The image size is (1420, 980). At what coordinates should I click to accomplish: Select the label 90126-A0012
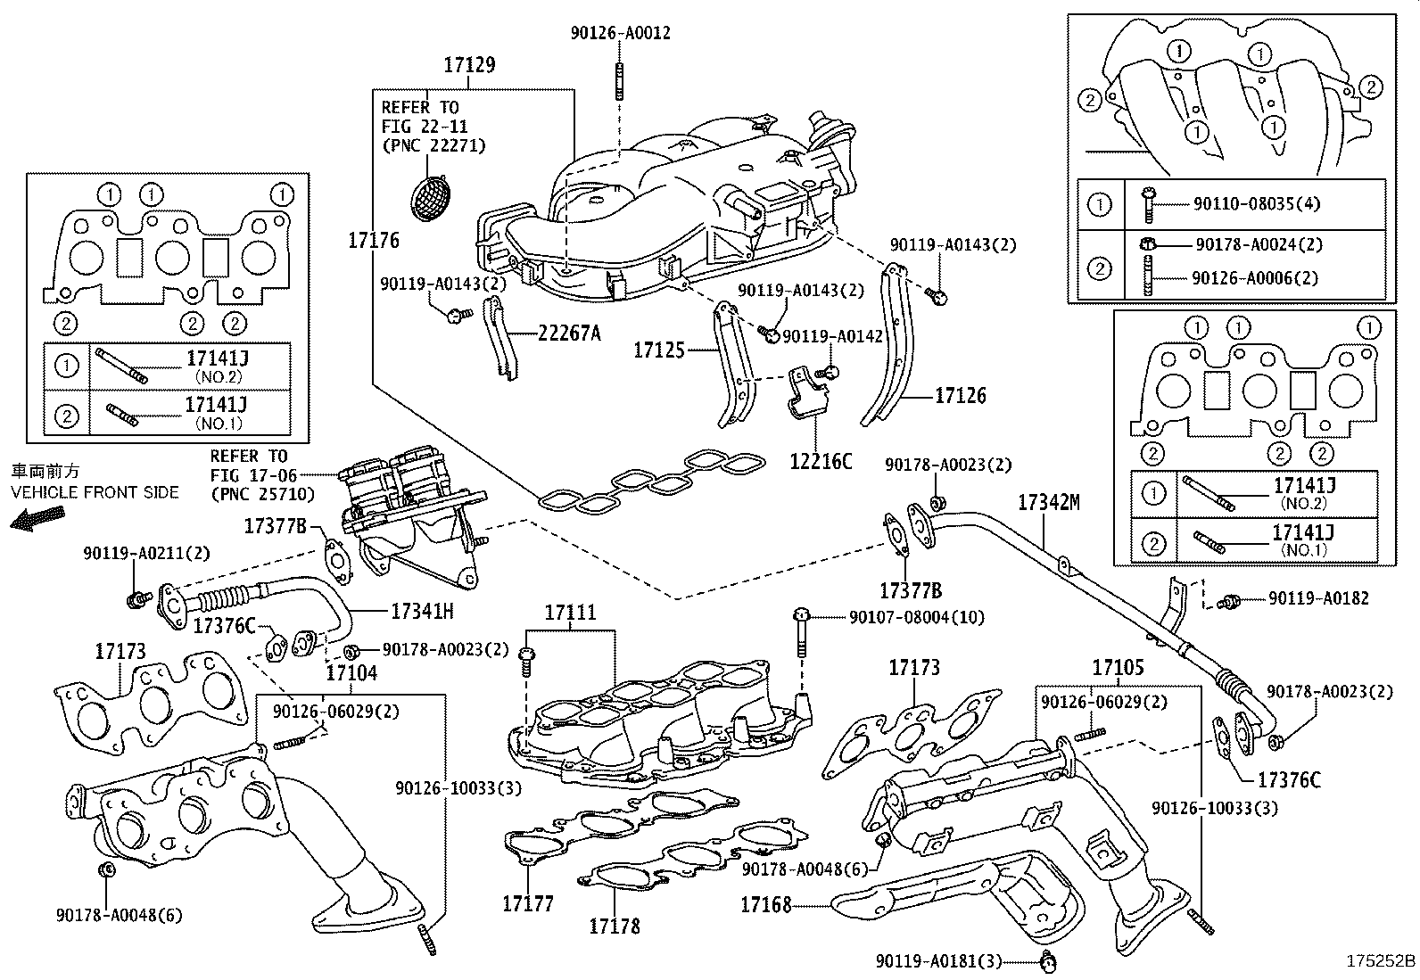(620, 33)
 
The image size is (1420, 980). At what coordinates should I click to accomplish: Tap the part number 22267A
(569, 334)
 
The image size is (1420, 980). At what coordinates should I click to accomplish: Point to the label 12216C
(820, 461)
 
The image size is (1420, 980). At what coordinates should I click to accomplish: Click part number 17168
(765, 905)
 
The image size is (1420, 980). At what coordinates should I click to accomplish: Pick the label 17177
(527, 904)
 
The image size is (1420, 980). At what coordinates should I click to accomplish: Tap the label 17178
(614, 926)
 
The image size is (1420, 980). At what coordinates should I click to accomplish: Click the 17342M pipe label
(1048, 504)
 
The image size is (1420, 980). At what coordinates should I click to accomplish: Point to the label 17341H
(422, 611)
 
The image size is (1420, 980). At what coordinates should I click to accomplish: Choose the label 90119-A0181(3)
(938, 960)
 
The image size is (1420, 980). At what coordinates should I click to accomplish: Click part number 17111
(570, 613)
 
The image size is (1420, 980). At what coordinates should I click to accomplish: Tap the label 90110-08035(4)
(1258, 203)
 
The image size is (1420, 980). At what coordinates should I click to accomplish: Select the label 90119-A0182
(1317, 598)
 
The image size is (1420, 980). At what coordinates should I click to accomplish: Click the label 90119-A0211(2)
(147, 553)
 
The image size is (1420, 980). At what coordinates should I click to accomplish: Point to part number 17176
(374, 240)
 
